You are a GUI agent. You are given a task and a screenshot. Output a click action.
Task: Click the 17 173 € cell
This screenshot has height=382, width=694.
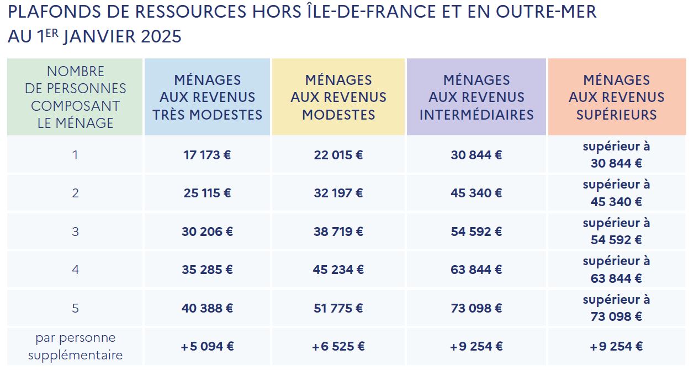pyautogui.click(x=207, y=155)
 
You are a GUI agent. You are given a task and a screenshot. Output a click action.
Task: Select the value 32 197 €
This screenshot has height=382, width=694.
pyautogui.click(x=338, y=193)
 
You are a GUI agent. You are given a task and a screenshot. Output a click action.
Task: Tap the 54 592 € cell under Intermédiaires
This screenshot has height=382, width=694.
pyautogui.click(x=476, y=232)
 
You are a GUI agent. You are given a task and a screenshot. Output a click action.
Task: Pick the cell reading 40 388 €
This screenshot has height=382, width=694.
pyautogui.click(x=207, y=308)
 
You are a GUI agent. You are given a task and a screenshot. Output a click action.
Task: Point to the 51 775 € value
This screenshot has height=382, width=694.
pyautogui.click(x=338, y=308)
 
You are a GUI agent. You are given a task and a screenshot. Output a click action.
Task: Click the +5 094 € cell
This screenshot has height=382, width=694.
pyautogui.click(x=207, y=347)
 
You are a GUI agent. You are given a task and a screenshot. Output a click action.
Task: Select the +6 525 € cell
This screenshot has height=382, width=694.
pyautogui.click(x=338, y=347)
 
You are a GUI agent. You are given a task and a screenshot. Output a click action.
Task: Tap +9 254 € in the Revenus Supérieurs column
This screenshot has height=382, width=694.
pyautogui.click(x=616, y=347)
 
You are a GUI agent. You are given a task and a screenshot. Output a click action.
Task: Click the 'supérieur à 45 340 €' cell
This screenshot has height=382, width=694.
pyautogui.click(x=616, y=193)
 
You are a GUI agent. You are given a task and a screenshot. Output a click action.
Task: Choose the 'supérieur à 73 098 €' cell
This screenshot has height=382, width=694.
pyautogui.click(x=616, y=308)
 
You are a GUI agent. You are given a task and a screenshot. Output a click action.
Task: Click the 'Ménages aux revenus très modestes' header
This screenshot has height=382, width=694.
pyautogui.click(x=207, y=97)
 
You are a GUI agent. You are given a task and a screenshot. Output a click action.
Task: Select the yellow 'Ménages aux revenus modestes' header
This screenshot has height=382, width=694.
pyautogui.click(x=338, y=97)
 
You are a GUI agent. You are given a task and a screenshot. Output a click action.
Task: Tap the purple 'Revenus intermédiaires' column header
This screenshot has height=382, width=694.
pyautogui.click(x=476, y=97)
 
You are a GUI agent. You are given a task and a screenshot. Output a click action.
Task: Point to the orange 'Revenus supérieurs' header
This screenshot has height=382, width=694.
pyautogui.click(x=616, y=97)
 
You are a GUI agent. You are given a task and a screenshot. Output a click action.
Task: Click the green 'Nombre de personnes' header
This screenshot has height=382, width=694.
pyautogui.click(x=75, y=97)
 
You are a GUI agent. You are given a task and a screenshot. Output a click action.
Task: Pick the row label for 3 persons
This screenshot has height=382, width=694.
pyautogui.click(x=75, y=232)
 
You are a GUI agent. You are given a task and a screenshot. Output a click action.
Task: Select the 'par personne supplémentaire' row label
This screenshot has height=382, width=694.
pyautogui.click(x=75, y=347)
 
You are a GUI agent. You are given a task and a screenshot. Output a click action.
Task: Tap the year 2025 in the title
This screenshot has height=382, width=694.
pyautogui.click(x=161, y=36)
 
